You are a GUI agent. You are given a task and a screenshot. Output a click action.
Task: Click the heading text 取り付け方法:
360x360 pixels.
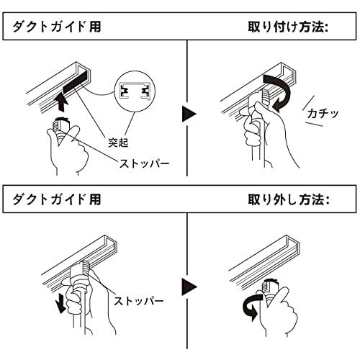point(287,28)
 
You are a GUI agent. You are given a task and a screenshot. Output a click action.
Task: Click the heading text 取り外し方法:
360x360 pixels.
point(287,198)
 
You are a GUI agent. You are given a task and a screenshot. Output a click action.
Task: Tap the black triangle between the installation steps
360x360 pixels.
point(189,114)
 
